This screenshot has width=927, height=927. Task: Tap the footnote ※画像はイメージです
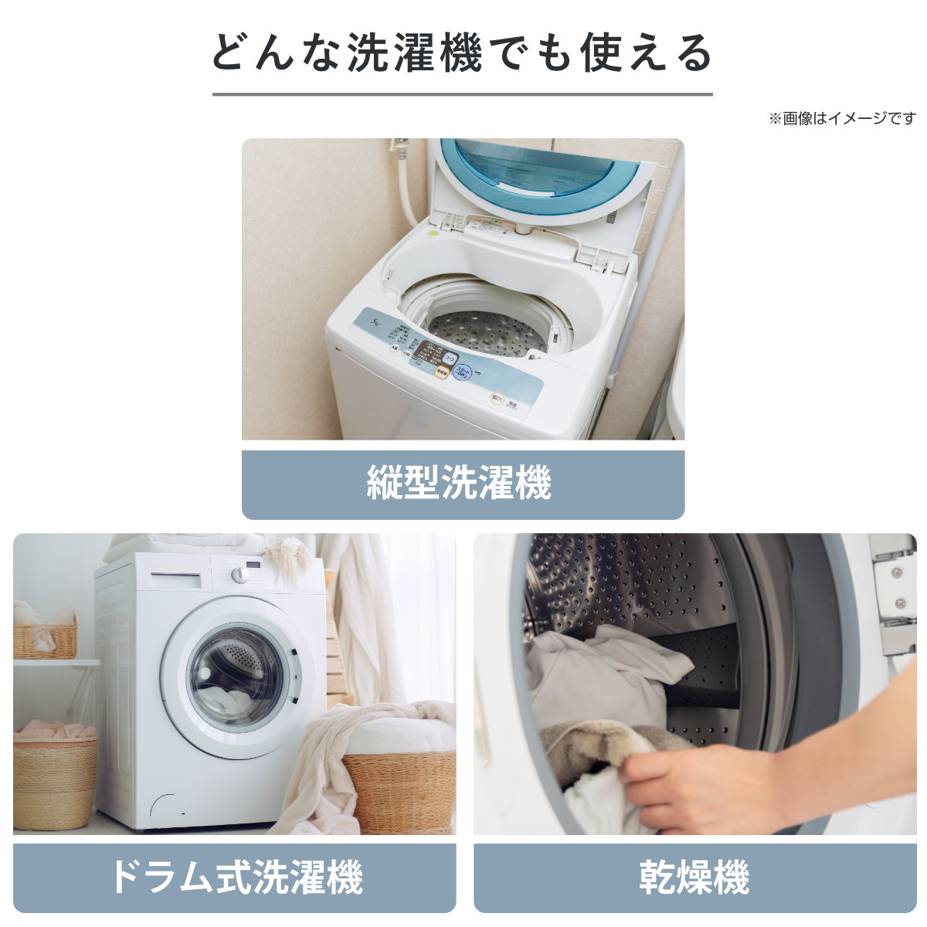[x=842, y=119]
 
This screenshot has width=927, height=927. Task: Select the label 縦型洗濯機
[x=462, y=484]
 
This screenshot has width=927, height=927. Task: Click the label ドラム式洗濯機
[x=234, y=878]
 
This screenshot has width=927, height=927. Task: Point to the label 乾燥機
[x=694, y=878]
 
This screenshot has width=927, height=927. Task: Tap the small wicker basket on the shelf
[x=45, y=637]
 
